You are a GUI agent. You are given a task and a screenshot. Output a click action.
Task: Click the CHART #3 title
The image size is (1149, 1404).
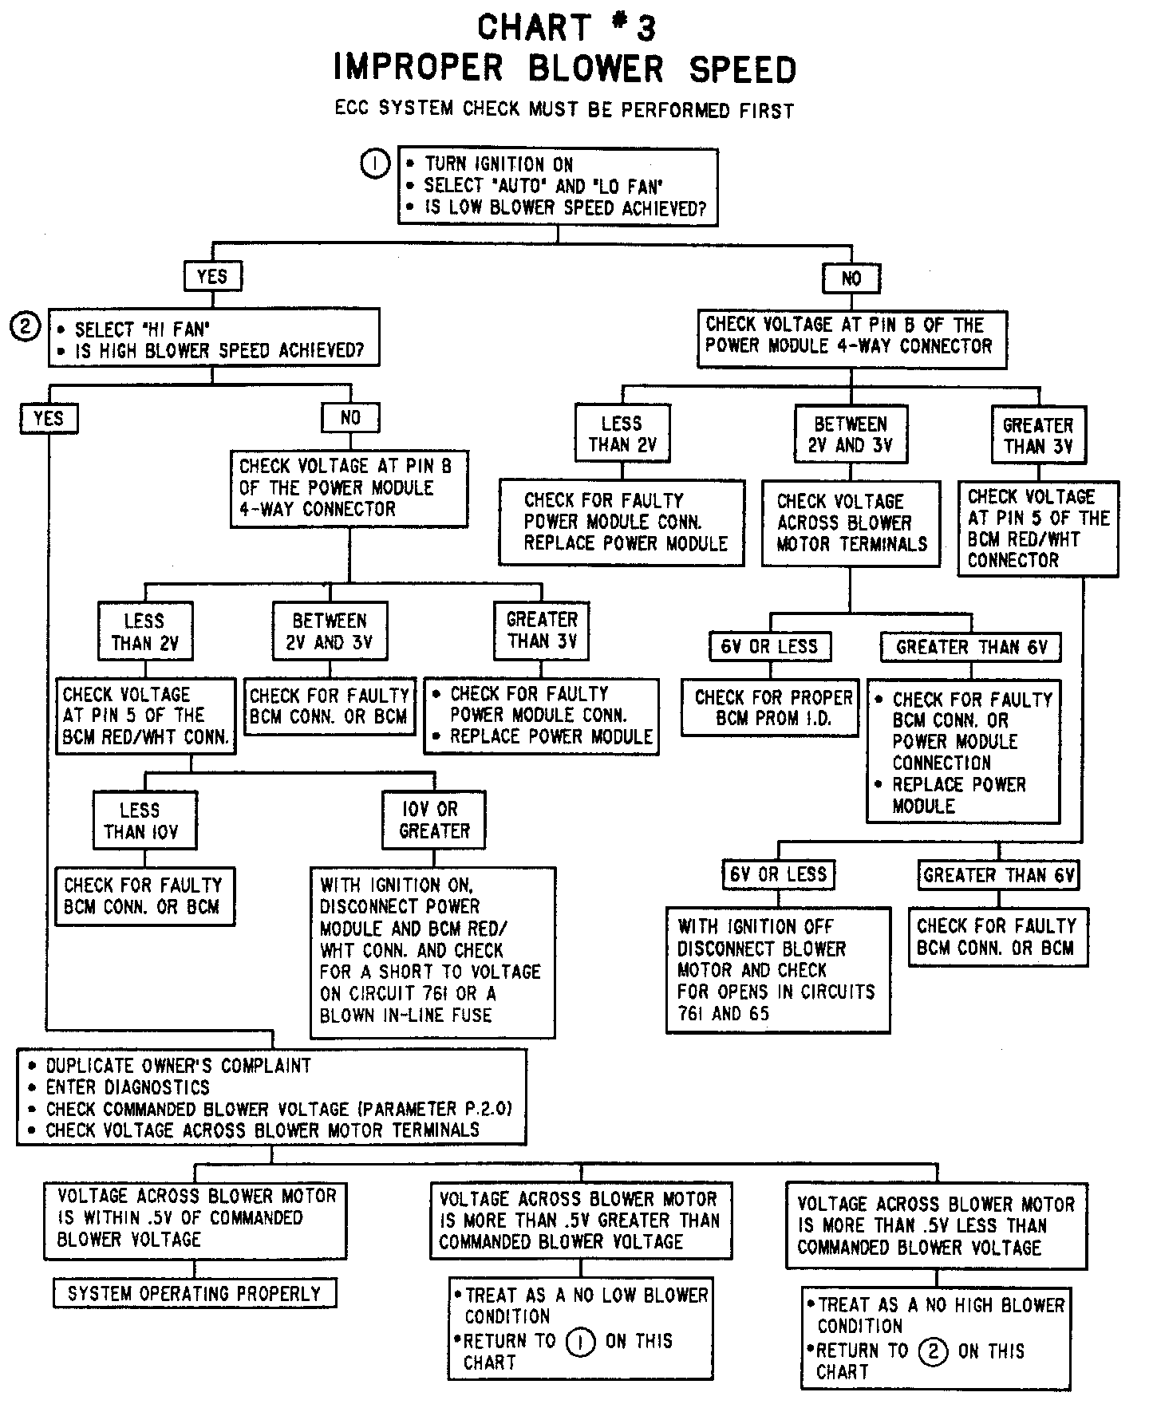[x=567, y=29]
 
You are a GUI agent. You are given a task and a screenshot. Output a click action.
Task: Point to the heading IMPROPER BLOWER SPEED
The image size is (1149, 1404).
[x=565, y=69]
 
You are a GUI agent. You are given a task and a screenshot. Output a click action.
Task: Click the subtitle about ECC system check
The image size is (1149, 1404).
[x=564, y=109]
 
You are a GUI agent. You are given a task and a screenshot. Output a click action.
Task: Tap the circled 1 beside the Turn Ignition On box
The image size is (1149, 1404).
[x=375, y=164]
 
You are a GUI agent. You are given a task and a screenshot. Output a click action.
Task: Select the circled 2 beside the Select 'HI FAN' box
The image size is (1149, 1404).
[x=25, y=326]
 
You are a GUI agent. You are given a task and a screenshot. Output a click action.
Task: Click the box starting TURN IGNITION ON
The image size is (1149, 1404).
[x=557, y=186]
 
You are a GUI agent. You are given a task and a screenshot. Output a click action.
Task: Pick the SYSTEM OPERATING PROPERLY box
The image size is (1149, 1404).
[x=195, y=1294]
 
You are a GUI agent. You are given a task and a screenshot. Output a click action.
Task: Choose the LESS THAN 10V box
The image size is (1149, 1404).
[x=144, y=821]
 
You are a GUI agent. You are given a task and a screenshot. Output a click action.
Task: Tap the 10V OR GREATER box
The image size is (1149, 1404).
[x=434, y=820]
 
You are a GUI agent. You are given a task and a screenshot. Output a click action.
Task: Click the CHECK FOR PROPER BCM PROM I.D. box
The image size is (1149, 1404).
[x=771, y=708]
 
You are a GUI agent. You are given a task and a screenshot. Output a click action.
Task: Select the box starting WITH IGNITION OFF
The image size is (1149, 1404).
[x=778, y=970]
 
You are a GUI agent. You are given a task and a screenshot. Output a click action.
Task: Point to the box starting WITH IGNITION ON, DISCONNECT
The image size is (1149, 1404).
[x=432, y=951]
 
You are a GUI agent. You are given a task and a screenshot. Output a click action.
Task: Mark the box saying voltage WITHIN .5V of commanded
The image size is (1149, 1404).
[x=195, y=1218]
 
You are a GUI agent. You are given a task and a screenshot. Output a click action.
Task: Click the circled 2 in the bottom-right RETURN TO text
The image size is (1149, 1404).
[x=933, y=1351]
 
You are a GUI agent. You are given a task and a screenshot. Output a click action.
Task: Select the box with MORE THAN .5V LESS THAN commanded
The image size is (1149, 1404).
[x=936, y=1226]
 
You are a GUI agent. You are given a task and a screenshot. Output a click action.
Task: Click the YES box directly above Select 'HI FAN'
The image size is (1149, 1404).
[x=211, y=277]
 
